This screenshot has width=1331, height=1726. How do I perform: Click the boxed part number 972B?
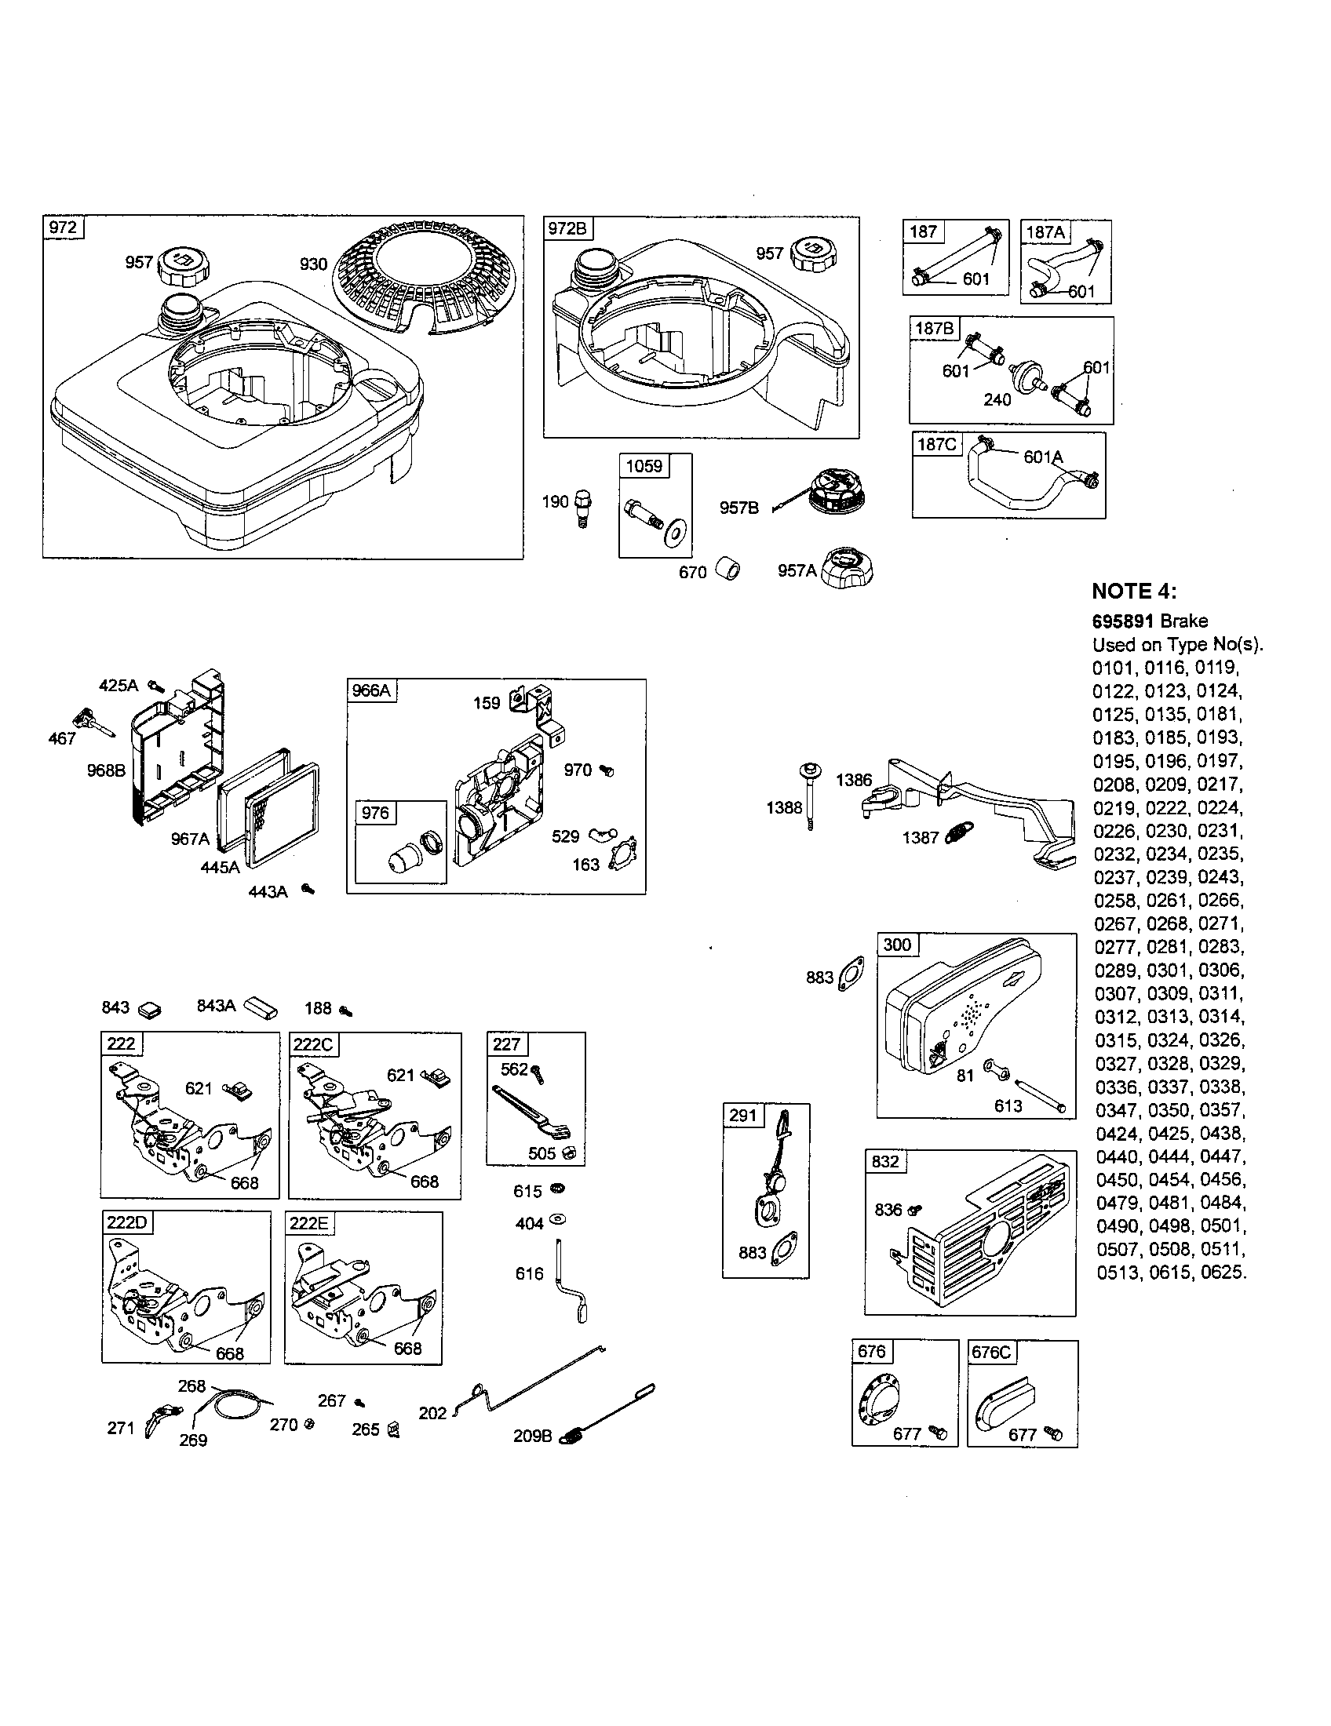[567, 229]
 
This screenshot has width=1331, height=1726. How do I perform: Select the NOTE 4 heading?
[1133, 591]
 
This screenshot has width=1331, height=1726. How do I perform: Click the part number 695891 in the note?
[1123, 621]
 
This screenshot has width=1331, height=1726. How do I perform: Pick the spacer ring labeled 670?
[728, 569]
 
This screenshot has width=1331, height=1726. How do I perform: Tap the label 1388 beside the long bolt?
[784, 807]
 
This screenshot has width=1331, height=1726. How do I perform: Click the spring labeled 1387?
[958, 833]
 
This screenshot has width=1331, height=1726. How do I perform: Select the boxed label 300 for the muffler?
[897, 945]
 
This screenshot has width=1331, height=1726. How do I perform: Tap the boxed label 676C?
[990, 1353]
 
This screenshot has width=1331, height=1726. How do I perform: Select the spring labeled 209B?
[579, 1433]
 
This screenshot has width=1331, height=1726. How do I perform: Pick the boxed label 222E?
[308, 1223]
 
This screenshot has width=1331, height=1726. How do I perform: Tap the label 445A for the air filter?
[220, 867]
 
